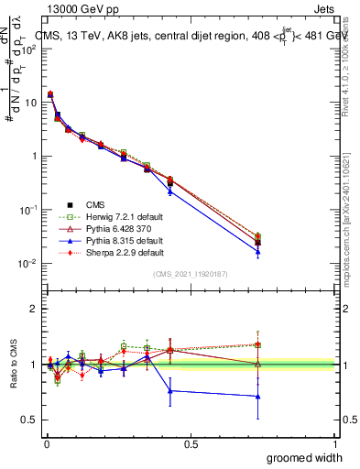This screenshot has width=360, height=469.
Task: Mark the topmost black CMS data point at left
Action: tap(50, 94)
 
